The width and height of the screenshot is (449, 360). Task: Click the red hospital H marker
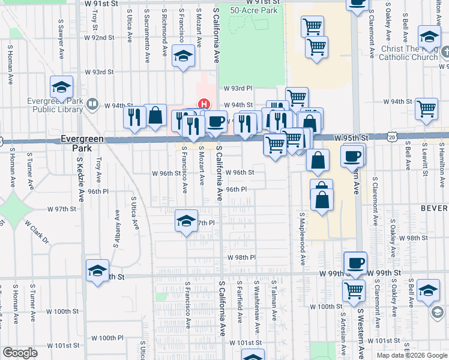pyautogui.click(x=203, y=104)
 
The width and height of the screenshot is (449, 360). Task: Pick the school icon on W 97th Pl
pyautogui.click(x=187, y=221)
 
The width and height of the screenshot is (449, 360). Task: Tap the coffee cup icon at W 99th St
pyautogui.click(x=355, y=263)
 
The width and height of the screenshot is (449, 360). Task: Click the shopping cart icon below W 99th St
pyautogui.click(x=354, y=291)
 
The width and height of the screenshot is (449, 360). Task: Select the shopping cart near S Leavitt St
pyautogui.click(x=426, y=109)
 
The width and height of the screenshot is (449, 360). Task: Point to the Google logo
pyautogui.click(x=20, y=353)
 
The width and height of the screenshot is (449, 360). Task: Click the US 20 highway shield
pyautogui.click(x=392, y=137)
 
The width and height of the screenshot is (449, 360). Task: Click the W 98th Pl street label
pyautogui.click(x=241, y=257)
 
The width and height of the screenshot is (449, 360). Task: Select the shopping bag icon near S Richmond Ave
pyautogui.click(x=155, y=116)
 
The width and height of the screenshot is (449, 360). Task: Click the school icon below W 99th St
pyautogui.click(x=429, y=290)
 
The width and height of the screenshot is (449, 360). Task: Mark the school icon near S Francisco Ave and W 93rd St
pyautogui.click(x=183, y=57)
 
